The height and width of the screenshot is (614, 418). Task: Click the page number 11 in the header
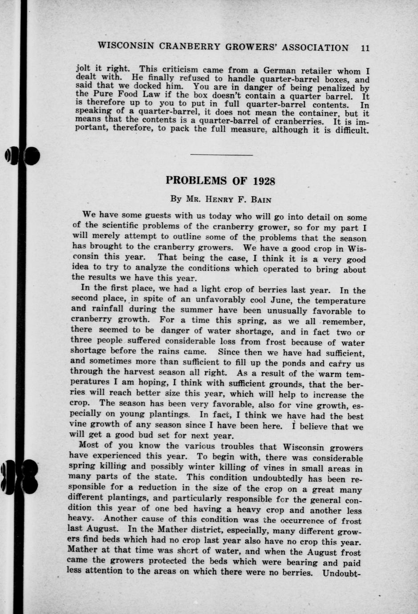point(365,48)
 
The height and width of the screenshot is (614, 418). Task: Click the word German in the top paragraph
point(280,70)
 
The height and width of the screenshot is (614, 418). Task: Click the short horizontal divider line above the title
point(221,155)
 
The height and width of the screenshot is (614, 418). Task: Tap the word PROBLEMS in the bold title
point(196,181)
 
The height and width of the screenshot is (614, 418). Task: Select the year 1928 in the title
point(264,182)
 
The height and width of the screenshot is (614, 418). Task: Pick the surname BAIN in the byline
point(261,200)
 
